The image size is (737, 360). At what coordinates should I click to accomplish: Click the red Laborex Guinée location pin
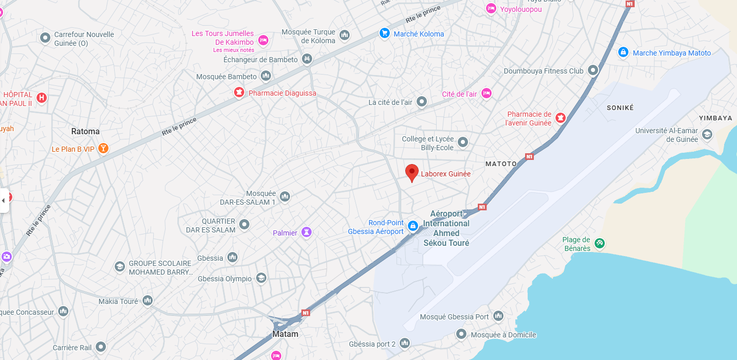coord(411,172)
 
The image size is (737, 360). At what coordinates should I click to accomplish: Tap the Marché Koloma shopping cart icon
coord(384,33)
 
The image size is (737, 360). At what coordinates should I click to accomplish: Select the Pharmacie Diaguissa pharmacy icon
coord(239,93)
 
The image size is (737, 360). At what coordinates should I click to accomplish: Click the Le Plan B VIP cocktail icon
coord(103,149)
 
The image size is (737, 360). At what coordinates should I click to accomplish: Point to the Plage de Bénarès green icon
coord(599,243)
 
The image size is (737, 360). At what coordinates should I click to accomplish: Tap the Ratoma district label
coord(85,131)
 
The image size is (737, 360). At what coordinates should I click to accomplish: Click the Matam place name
coord(285,334)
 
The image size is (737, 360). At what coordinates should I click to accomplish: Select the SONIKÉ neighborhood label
coord(620,108)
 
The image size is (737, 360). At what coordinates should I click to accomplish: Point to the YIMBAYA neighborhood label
coord(715,118)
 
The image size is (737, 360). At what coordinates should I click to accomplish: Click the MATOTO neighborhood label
coord(501,164)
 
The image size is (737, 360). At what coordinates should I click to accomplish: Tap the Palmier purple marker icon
coord(307,232)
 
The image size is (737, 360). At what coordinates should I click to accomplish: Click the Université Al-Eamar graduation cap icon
coord(707,135)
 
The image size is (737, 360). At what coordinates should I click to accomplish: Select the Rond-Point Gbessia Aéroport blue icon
coord(412,226)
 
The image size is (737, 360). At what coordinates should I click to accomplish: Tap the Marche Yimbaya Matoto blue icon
coord(623,52)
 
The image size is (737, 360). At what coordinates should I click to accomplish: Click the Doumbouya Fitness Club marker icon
coord(593,70)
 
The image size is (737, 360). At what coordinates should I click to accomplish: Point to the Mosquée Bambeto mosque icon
coord(266,76)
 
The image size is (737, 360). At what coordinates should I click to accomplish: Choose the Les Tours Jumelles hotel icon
coord(263,41)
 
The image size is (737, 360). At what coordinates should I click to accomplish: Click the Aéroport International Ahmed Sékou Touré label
coord(446,228)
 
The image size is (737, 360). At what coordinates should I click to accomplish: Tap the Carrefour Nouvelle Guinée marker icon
coord(45,37)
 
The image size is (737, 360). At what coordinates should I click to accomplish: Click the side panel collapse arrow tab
coord(4,200)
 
